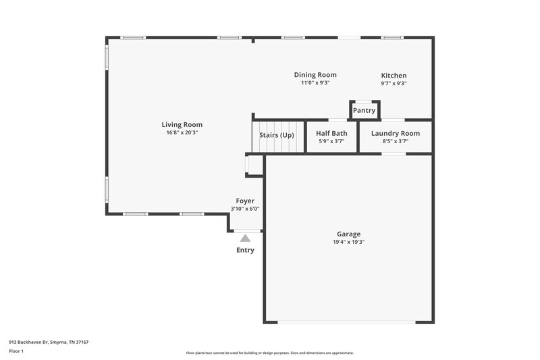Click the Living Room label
pyautogui.click(x=182, y=124)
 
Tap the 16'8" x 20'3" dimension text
pyautogui.click(x=182, y=132)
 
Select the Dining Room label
pyautogui.click(x=315, y=75)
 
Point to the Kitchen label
pyautogui.click(x=394, y=76)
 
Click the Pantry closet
pyautogui.click(x=364, y=110)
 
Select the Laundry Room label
pyautogui.click(x=395, y=133)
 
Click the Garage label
pyautogui.click(x=348, y=234)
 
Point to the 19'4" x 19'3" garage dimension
pyautogui.click(x=348, y=242)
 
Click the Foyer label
pyautogui.click(x=245, y=201)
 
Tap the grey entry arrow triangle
pyautogui.click(x=245, y=238)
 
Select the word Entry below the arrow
pyautogui.click(x=245, y=251)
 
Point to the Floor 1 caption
pyautogui.click(x=16, y=351)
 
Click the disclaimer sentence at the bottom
pyautogui.click(x=269, y=353)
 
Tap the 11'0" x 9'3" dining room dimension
pyautogui.click(x=315, y=83)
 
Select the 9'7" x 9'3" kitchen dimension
pyautogui.click(x=394, y=84)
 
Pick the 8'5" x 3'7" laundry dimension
pyautogui.click(x=395, y=141)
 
